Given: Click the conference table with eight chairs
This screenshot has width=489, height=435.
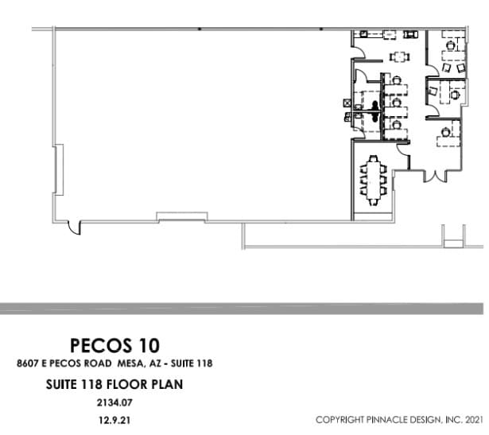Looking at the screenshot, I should click(373, 181).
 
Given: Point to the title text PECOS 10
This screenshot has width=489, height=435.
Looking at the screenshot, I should click(114, 345).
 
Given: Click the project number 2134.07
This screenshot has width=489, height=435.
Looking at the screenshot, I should click(114, 402).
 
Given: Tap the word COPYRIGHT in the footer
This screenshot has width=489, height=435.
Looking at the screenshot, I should click(341, 419).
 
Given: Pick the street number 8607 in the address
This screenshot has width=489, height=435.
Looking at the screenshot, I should click(28, 364).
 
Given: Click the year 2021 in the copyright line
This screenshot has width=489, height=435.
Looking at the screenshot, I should click(472, 419).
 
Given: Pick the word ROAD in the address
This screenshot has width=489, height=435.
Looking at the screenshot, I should click(94, 364).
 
